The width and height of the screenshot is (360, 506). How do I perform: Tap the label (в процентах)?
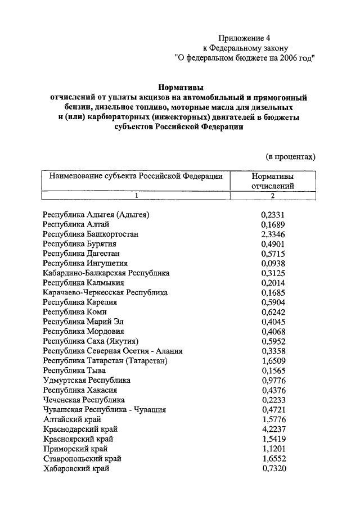coord(290,156)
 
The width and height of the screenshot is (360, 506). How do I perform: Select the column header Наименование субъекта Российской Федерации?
coord(136,175)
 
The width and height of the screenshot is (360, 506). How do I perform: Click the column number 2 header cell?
coord(273,196)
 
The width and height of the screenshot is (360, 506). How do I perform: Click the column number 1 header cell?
coord(136,196)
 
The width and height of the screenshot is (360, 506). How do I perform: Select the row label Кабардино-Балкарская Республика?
coord(106,273)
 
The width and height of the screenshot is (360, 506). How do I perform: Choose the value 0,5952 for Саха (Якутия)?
coord(273,341)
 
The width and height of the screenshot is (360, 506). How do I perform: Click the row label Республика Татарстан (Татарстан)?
coord(105,360)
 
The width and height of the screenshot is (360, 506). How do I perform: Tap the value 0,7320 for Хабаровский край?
coord(273,468)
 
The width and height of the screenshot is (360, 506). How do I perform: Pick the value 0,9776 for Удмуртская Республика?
coord(273,380)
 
